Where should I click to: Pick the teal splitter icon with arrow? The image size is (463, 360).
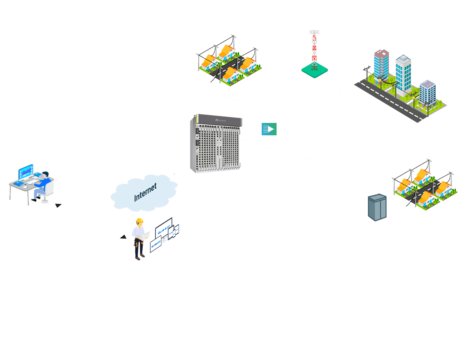tap(269, 129)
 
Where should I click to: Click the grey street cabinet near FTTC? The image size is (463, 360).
tap(377, 207)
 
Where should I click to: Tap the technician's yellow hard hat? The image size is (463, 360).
tap(140, 221)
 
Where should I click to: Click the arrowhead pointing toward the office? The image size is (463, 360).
tap(57, 206)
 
